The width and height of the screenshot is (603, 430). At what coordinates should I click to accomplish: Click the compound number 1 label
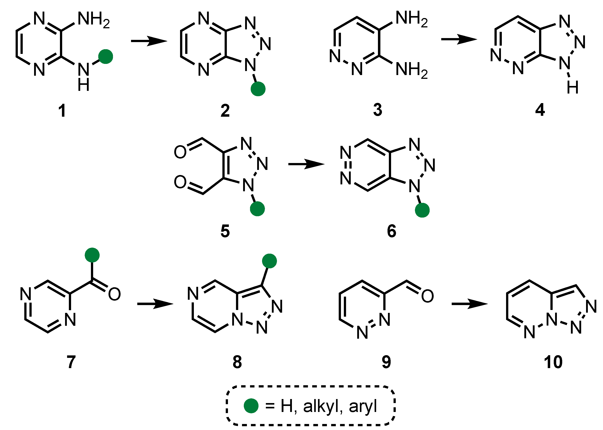click(x=62, y=111)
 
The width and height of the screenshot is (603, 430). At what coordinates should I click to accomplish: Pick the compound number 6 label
click(x=392, y=231)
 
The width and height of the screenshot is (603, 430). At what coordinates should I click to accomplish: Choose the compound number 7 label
click(x=71, y=362)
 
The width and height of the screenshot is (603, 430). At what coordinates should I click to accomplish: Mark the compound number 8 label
click(x=237, y=362)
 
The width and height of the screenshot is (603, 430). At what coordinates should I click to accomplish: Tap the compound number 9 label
click(x=386, y=362)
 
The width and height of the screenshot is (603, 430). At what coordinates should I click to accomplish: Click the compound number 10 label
click(x=553, y=362)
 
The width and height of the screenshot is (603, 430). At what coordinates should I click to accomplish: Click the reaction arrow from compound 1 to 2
click(x=149, y=41)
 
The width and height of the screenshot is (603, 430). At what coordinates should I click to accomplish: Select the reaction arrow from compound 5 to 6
click(x=306, y=164)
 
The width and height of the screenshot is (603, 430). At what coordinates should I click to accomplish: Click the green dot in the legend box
click(x=251, y=406)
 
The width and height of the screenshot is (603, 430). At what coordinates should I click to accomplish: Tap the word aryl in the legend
click(x=363, y=406)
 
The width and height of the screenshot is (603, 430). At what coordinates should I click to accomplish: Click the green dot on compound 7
click(x=92, y=255)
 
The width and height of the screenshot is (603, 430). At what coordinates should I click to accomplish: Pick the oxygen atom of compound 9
click(x=427, y=296)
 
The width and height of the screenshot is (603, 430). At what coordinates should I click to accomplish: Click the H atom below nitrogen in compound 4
click(x=572, y=87)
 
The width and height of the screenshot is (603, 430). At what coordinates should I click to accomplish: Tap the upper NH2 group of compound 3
click(x=411, y=19)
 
